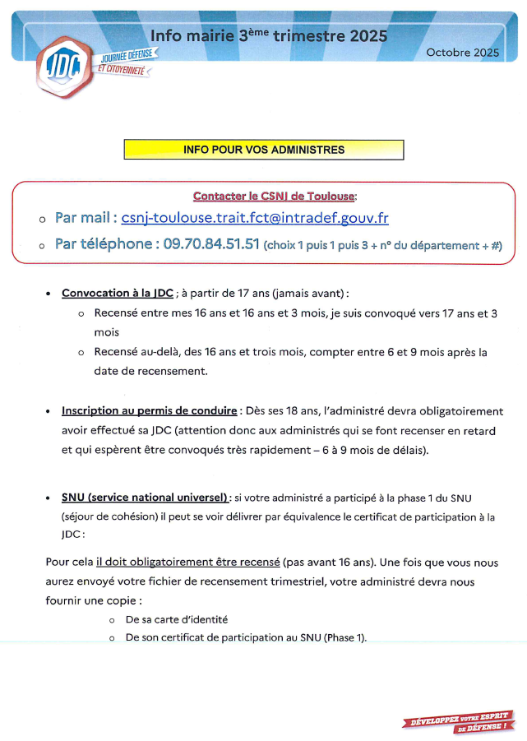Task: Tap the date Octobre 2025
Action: (463, 53)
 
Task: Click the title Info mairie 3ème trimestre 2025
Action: (268, 36)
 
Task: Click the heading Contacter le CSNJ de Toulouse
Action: (275, 196)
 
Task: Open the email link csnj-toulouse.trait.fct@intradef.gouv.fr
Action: (255, 219)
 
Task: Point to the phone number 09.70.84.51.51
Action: (211, 244)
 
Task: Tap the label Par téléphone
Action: (105, 244)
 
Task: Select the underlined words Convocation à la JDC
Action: (118, 294)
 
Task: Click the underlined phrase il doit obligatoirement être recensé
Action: (187, 563)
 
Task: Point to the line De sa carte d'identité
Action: (177, 619)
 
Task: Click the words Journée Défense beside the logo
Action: (128, 58)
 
